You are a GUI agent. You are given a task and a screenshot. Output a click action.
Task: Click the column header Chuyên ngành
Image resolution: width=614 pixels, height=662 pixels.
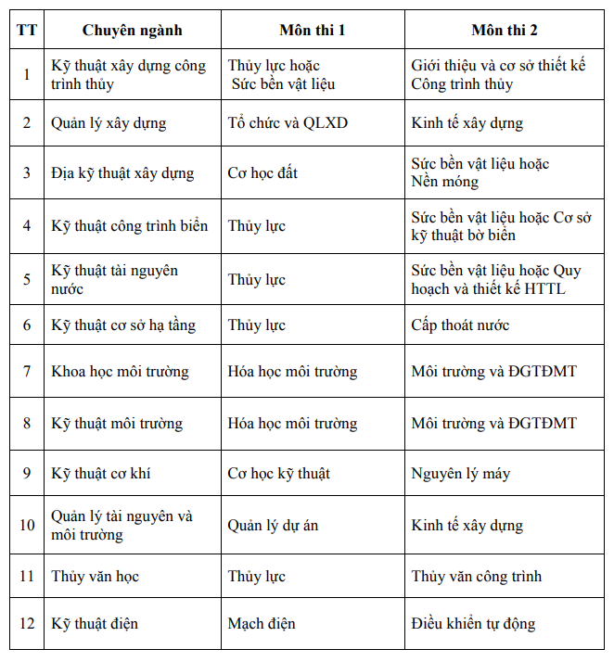(133, 31)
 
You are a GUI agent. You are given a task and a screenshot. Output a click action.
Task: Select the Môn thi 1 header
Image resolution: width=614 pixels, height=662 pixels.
(313, 31)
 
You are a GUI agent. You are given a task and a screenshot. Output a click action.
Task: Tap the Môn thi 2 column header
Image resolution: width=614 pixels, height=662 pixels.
(505, 31)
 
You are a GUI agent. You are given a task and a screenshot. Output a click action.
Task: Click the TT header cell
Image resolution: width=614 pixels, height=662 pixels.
(27, 31)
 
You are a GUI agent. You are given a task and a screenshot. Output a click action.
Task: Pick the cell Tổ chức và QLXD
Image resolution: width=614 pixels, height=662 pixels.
(288, 123)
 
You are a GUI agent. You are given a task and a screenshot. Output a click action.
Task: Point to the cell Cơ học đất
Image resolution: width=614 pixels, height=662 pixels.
(262, 173)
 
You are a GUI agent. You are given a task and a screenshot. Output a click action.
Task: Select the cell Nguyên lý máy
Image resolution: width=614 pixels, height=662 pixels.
(460, 474)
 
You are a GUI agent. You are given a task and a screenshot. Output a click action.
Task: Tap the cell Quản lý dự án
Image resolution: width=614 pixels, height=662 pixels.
(273, 526)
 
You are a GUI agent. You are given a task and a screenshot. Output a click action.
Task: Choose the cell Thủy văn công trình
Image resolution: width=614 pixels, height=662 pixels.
(476, 577)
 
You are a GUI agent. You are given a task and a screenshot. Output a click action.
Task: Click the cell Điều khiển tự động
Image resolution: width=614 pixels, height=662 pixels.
(473, 624)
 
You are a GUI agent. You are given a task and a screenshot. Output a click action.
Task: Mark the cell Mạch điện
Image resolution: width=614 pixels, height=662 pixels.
(262, 624)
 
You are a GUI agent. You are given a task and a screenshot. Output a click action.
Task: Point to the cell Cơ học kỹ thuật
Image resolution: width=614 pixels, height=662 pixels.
(278, 474)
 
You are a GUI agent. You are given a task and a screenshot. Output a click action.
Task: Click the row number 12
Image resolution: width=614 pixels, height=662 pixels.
(27, 624)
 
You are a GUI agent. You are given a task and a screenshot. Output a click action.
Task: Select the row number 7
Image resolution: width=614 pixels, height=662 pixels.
(27, 372)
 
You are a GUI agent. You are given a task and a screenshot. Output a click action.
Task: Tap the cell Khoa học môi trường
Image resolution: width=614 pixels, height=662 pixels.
(120, 372)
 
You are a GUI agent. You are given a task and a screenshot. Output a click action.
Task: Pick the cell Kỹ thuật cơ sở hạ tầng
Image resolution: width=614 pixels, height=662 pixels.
(123, 325)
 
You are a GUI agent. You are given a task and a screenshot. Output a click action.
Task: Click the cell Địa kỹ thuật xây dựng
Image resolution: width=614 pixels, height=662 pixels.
(122, 173)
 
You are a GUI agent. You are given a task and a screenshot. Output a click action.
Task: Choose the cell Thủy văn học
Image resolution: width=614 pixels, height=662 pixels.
(95, 577)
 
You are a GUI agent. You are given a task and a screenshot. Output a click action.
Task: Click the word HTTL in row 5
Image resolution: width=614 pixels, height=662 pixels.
(544, 289)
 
